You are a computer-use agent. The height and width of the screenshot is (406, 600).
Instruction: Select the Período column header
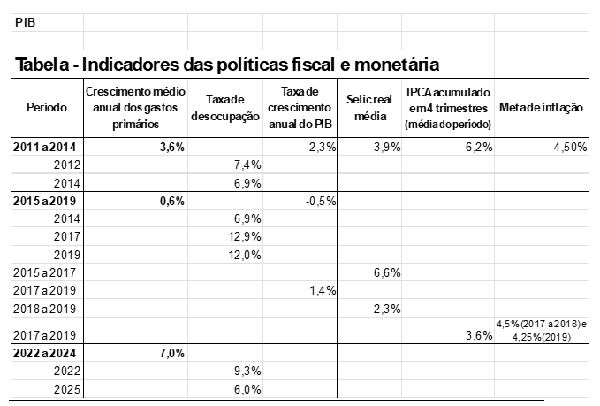point(47,107)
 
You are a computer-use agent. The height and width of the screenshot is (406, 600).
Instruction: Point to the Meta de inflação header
point(541,107)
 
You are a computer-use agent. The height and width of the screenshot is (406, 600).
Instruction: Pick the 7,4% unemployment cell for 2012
point(246,165)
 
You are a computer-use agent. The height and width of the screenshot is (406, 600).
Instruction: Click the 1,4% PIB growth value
point(323,290)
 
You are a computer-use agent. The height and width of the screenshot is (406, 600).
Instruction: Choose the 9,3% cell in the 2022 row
point(246,372)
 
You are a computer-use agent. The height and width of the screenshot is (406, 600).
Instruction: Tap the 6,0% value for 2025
point(246,390)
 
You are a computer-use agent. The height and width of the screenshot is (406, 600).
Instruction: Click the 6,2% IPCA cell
point(477,147)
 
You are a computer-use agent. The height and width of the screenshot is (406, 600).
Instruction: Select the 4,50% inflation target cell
point(569,147)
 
